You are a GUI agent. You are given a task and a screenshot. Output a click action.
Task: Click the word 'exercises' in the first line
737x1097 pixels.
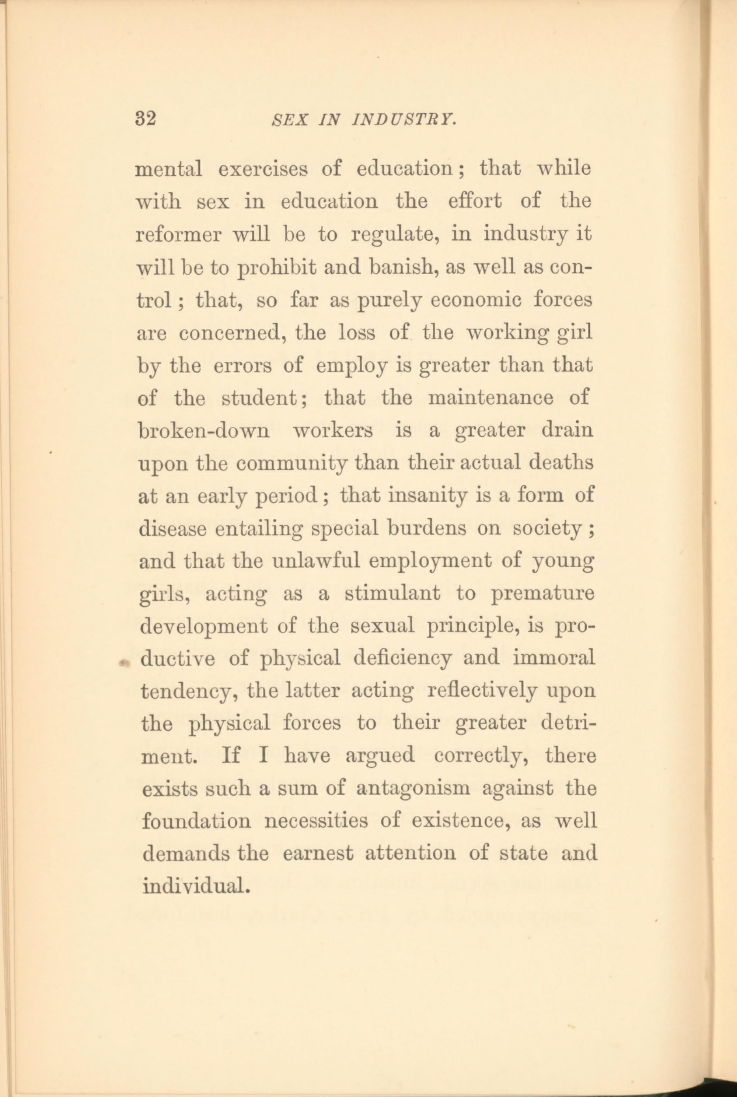click(x=263, y=169)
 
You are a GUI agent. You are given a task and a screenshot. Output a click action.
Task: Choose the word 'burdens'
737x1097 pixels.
click(x=427, y=529)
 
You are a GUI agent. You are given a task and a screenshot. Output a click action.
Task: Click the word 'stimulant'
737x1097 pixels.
click(x=392, y=594)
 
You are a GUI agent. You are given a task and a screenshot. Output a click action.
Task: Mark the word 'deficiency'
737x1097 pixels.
click(x=403, y=659)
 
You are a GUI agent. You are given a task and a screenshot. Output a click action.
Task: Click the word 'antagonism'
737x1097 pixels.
click(x=413, y=788)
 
